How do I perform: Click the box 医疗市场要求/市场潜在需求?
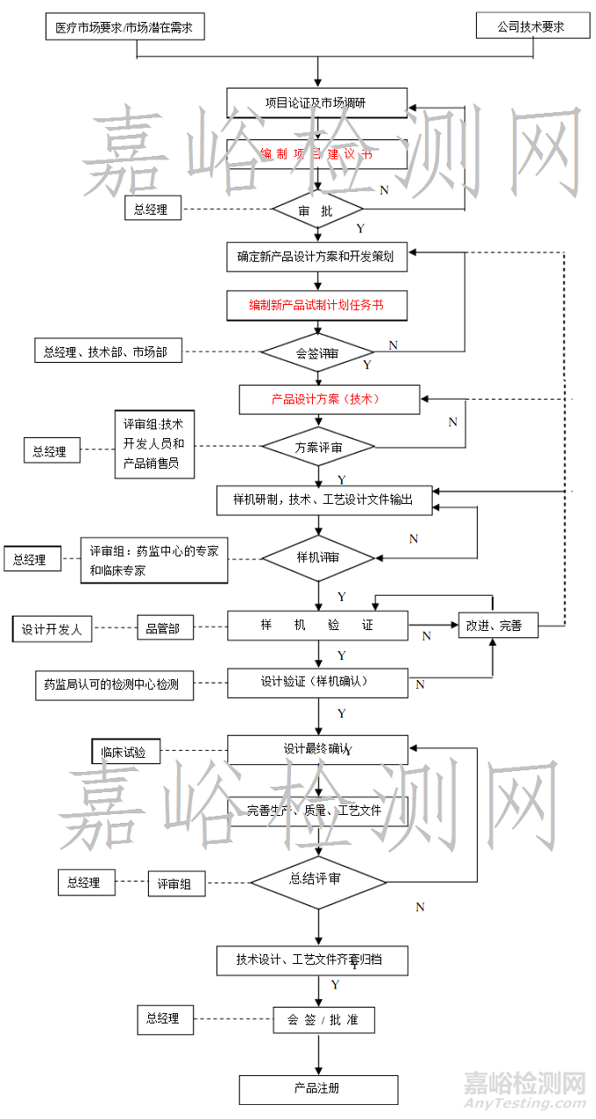tap(124, 26)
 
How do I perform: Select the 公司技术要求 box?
tap(530, 26)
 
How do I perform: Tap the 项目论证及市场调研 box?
tap(316, 103)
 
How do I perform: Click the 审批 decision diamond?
tap(316, 210)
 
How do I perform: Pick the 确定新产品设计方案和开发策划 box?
tap(316, 258)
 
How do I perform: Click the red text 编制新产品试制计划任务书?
tap(316, 305)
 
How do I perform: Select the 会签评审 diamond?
tap(317, 353)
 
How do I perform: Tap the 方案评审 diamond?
tap(318, 447)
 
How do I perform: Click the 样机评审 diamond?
tap(318, 556)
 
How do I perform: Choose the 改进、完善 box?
tap(497, 625)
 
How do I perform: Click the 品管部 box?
tap(163, 627)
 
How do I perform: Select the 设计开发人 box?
tap(52, 628)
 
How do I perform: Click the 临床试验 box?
tap(125, 751)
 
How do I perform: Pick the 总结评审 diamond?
tap(317, 880)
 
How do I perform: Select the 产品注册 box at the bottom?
tap(317, 1088)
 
